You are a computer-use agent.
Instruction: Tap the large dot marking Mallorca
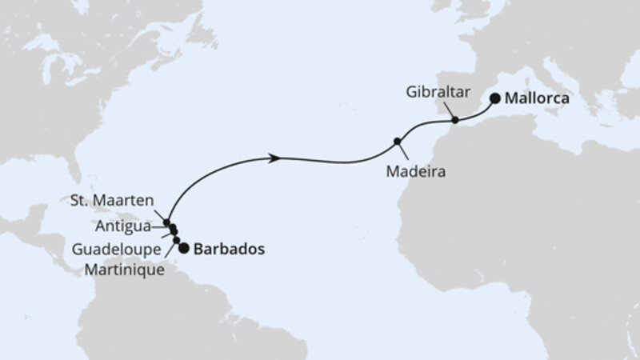point(495,98)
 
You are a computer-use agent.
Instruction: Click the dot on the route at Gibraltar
point(455,121)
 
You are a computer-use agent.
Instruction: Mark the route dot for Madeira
point(397,142)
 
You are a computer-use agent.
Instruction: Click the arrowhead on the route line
point(274,158)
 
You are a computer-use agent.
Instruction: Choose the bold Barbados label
point(229,249)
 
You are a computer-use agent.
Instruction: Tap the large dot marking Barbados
point(185,248)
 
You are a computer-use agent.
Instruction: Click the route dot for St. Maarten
point(166,222)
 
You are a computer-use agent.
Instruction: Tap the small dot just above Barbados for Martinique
point(177,240)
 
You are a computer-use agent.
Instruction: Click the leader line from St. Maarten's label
point(158,214)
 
